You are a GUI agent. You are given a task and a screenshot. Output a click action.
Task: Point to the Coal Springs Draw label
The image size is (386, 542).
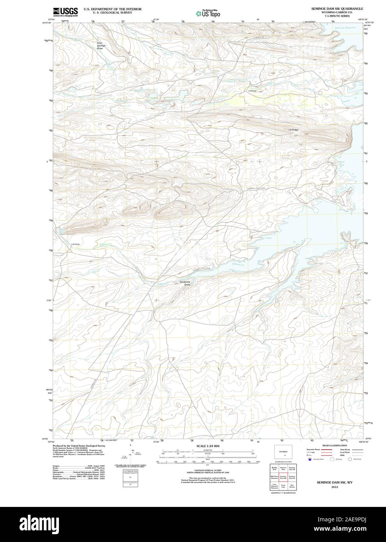click(101, 46)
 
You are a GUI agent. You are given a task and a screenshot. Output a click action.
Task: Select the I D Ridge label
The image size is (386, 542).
click(293, 129)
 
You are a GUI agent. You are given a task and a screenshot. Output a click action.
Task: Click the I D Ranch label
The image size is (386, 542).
click(252, 91)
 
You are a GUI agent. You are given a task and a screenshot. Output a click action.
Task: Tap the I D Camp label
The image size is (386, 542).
click(75, 244)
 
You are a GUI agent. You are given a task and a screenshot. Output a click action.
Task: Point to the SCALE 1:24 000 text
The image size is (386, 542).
click(208, 446)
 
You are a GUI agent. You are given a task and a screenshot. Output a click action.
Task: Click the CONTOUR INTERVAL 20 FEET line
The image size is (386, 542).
click(208, 471)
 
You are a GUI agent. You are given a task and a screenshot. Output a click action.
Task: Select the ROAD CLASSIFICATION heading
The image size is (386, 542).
click(334, 445)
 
